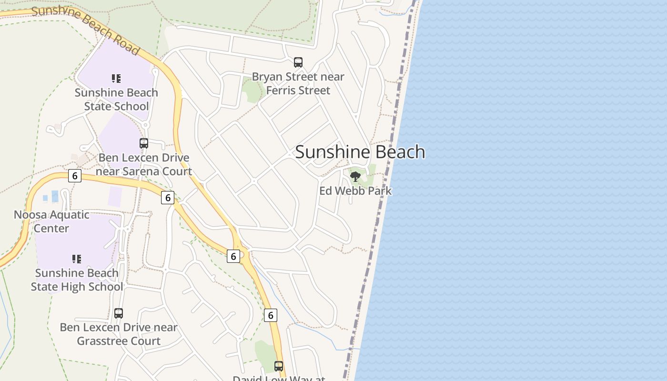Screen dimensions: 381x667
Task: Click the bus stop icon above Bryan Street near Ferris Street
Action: pos(298,62)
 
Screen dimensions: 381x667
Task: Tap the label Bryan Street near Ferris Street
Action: pos(298,83)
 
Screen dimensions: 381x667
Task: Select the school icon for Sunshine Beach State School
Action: pos(116,78)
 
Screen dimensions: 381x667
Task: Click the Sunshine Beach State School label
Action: pos(116,99)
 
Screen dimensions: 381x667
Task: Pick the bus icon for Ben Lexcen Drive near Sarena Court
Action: pos(144,143)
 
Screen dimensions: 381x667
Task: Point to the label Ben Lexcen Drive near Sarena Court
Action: pos(144,164)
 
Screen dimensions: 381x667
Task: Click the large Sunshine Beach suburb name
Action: pos(360,152)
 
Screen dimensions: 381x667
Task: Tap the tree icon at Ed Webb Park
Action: pos(355,177)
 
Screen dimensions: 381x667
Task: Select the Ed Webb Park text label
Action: pos(355,191)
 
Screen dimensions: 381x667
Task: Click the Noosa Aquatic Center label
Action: pos(51,221)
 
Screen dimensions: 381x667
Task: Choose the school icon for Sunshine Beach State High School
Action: pos(77,259)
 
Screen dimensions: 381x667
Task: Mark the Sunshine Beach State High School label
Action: pos(77,280)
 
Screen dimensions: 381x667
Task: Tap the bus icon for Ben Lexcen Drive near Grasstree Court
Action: pos(119,313)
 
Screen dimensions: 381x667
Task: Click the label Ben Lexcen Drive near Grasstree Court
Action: pos(119,334)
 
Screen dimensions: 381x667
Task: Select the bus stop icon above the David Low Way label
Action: pos(279,366)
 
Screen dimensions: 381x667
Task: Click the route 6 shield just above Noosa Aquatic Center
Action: pos(74,176)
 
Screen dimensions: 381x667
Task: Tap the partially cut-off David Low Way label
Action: pos(279,378)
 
